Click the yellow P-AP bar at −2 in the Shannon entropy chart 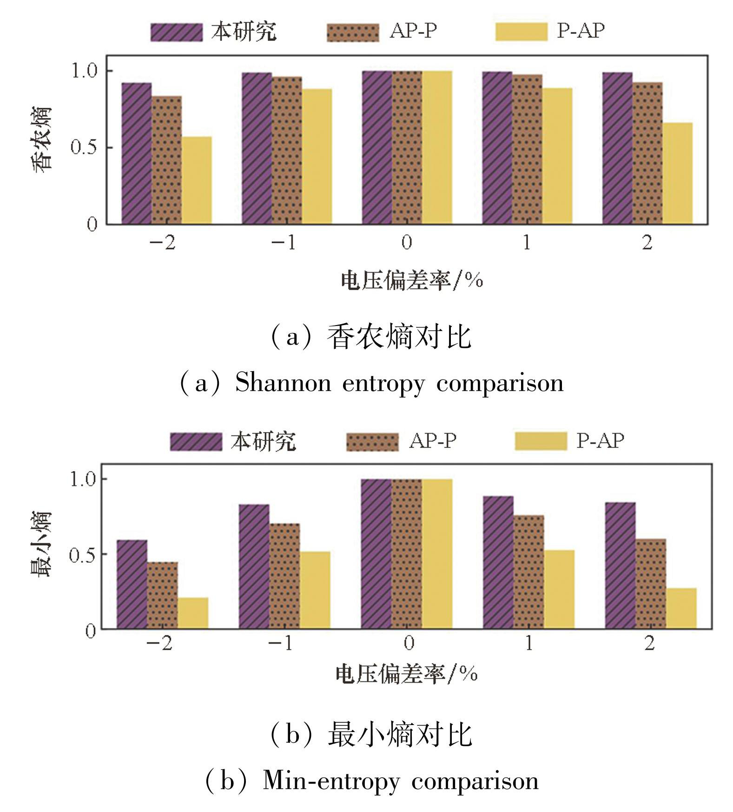click(197, 180)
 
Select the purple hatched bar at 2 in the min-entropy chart click(620, 566)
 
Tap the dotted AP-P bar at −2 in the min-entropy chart click(162, 595)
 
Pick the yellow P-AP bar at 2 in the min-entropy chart click(681, 608)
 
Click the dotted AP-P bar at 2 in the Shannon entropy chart click(647, 153)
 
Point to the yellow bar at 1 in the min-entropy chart click(559, 589)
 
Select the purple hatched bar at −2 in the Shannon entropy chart click(137, 153)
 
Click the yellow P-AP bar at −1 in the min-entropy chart click(315, 590)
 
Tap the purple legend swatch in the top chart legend click(176, 32)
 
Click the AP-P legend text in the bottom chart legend click(433, 440)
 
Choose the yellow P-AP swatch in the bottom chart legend click(541, 441)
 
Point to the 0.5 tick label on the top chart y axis click(84, 147)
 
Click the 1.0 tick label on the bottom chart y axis click(82, 479)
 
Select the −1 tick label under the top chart click(284, 242)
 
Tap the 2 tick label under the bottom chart click(649, 643)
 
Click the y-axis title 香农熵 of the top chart click(42, 140)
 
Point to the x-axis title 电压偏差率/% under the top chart click(411, 280)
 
